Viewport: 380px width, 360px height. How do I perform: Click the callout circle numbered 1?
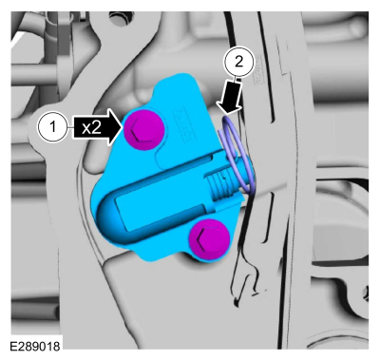pyautogui.click(x=53, y=127)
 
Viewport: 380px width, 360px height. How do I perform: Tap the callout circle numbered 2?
pyautogui.click(x=238, y=62)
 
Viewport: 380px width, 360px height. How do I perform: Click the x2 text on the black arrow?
pyautogui.click(x=91, y=128)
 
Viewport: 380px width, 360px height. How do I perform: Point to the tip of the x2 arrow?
pyautogui.click(x=123, y=127)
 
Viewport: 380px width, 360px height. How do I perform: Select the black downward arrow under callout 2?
pyautogui.click(x=234, y=96)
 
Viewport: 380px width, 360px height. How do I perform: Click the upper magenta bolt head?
pyautogui.click(x=144, y=130)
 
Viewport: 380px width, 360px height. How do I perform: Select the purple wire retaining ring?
pyautogui.click(x=236, y=155)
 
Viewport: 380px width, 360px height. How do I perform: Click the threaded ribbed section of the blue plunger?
pyautogui.click(x=221, y=189)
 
